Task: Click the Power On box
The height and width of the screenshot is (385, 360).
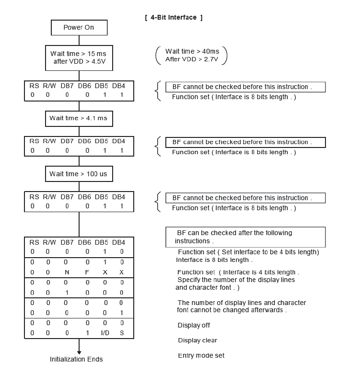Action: click(79, 27)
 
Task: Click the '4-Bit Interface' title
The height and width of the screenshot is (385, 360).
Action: click(174, 18)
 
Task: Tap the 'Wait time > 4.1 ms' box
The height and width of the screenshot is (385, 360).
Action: click(79, 118)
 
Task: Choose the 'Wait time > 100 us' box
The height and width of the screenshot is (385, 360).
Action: click(79, 174)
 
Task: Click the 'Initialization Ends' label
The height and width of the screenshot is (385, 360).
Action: click(76, 359)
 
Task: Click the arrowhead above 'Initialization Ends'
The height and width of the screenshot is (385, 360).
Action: click(79, 352)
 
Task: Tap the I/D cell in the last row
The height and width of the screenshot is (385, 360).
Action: click(105, 332)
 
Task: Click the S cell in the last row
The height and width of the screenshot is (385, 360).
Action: click(122, 332)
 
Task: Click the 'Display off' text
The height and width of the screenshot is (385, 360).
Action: click(194, 325)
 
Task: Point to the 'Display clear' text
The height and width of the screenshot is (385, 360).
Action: click(197, 340)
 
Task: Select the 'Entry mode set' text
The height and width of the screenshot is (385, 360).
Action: click(201, 355)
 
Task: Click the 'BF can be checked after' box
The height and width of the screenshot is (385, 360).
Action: click(245, 237)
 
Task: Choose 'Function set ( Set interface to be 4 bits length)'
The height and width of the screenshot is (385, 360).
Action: click(248, 252)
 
